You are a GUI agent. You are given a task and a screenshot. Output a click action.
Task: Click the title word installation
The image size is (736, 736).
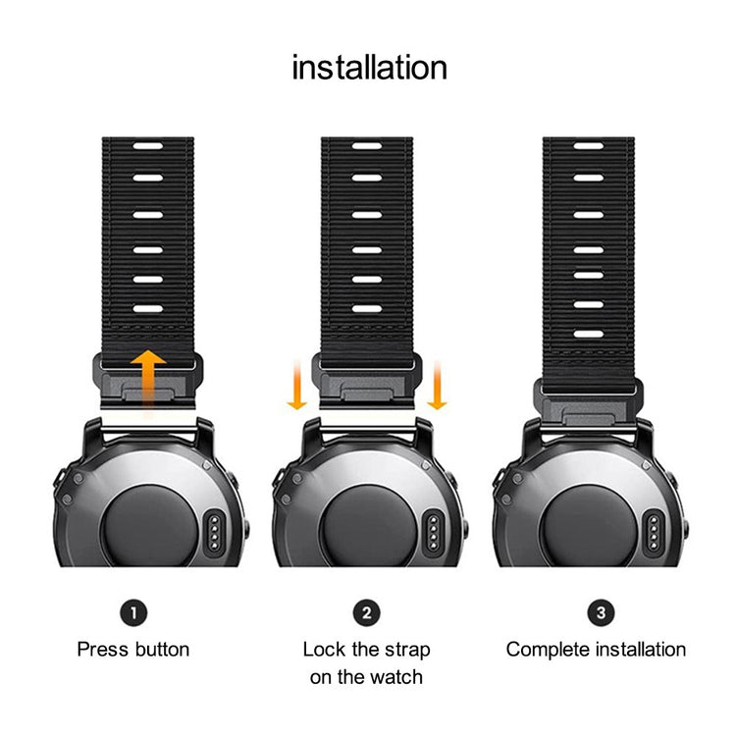click(x=369, y=68)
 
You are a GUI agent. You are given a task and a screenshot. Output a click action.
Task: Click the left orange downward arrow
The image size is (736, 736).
click(x=297, y=385)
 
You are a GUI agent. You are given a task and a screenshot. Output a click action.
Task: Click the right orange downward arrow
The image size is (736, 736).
click(x=438, y=385)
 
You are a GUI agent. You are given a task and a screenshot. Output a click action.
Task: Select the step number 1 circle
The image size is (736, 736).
click(x=133, y=613)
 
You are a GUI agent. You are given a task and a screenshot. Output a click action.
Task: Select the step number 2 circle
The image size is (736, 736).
click(x=366, y=613)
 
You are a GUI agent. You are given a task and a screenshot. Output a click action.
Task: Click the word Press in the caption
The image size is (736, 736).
click(x=102, y=650)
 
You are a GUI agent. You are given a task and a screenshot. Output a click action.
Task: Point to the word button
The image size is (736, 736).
click(x=160, y=650)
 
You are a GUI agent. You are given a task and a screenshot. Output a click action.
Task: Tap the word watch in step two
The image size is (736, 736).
click(x=396, y=677)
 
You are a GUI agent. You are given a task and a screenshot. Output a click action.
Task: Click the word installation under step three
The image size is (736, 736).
click(x=640, y=650)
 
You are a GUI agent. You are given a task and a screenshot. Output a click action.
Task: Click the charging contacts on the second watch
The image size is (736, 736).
click(x=429, y=530)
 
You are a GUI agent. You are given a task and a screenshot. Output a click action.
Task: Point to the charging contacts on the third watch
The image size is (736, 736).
click(x=650, y=530)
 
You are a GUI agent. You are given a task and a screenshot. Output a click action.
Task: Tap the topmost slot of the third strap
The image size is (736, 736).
click(x=588, y=146)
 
